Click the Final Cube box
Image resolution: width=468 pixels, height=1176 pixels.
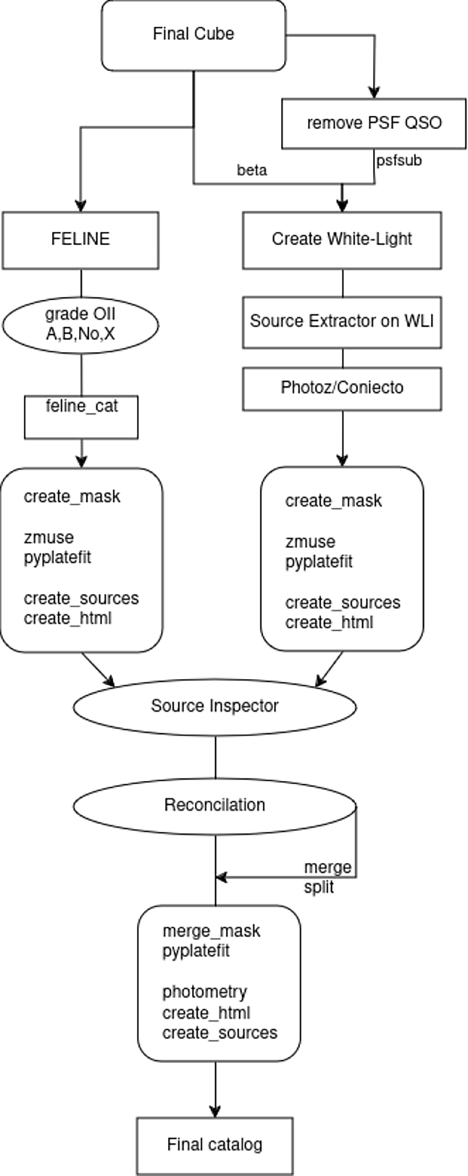193,35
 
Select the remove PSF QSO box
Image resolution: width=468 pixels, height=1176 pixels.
374,123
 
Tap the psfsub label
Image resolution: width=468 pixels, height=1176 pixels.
399,161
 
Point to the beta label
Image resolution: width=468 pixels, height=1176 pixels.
252,170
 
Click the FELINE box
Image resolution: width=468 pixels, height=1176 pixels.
80,240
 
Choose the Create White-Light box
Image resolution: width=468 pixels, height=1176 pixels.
342,240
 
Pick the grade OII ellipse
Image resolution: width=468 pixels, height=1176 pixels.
80,324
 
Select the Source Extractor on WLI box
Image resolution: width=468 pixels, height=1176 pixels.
342,322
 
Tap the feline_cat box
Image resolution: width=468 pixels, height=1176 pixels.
81,417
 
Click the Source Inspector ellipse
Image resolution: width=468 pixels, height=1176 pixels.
214,706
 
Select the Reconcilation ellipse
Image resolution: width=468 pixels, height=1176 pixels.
214,805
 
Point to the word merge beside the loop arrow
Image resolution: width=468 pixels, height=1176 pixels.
328,867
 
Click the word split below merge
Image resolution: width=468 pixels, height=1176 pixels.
319,887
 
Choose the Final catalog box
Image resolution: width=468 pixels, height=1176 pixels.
214,1144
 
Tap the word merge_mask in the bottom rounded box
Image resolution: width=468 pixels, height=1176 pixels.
211,931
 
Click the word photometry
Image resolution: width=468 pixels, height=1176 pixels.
204,992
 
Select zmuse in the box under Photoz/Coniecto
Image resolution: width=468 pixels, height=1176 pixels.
310,542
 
